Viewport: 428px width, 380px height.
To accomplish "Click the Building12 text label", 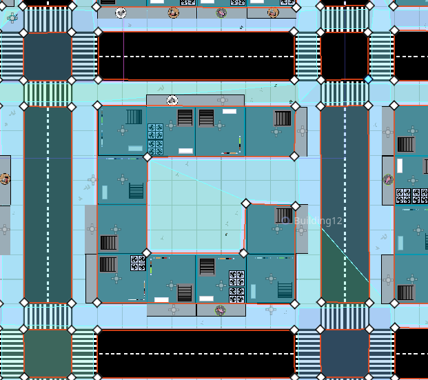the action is [318, 221].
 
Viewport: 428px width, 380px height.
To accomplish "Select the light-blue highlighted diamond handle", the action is [368, 79].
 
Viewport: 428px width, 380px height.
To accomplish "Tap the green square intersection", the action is [48, 353].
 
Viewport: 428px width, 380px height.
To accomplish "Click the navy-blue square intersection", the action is [345, 353].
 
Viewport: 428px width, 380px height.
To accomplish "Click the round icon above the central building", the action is [172, 101].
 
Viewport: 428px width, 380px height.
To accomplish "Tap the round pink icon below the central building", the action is [221, 310].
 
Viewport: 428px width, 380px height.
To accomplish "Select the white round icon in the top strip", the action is [121, 12].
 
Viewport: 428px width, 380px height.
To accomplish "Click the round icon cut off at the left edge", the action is [5, 179].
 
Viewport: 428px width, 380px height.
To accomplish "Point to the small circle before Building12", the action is [285, 221].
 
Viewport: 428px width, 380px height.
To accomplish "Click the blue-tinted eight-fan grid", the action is [155, 139].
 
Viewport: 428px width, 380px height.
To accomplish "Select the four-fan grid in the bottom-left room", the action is [138, 263].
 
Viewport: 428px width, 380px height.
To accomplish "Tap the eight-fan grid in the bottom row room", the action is [236, 287].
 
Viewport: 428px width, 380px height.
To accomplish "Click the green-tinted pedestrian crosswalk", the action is [48, 93].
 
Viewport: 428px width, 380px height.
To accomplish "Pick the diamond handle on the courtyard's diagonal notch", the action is [245, 203].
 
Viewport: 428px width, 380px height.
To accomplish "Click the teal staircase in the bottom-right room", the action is [285, 290].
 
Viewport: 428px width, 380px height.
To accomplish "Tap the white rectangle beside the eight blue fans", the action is [185, 151].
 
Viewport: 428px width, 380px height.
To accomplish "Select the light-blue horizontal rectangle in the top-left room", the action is [135, 148].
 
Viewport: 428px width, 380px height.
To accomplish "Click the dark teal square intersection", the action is [48, 57].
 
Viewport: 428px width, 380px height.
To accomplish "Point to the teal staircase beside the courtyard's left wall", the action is [136, 190].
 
